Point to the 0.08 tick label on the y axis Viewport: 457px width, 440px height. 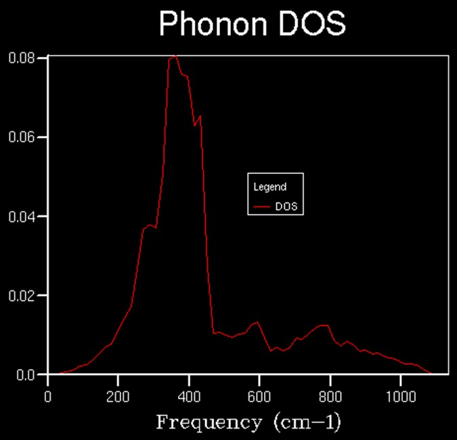click(x=22, y=58)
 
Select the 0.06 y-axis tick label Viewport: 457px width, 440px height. click(x=22, y=137)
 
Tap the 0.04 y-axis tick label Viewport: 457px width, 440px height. click(x=22, y=217)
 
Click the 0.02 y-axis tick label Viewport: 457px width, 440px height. click(x=22, y=296)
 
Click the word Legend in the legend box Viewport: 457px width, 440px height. click(x=269, y=187)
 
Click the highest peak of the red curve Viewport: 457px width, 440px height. click(x=175, y=56)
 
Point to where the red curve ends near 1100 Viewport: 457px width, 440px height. click(x=431, y=374)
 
